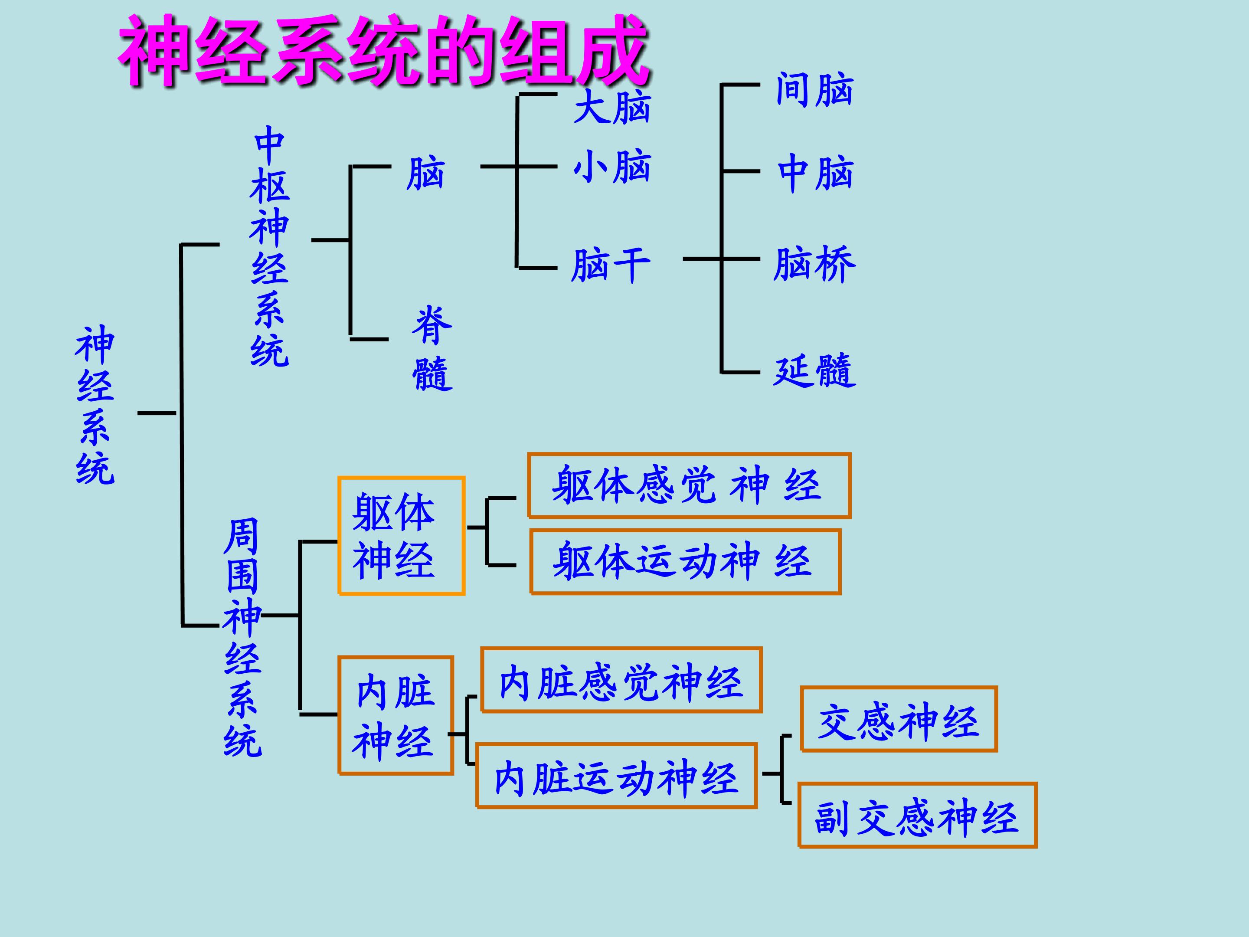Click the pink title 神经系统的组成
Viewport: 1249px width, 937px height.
coord(385,51)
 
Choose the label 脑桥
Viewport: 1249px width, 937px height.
coord(815,264)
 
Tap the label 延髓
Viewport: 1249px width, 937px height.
coord(815,370)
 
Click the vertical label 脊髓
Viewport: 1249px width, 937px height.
coord(432,348)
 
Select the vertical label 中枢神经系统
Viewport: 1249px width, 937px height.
coord(270,246)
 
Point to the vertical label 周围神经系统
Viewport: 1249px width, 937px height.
coord(243,638)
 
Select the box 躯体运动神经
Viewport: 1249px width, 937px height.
coord(686,561)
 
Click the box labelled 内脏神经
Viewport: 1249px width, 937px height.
coord(396,715)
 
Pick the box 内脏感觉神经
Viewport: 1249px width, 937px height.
coord(621,680)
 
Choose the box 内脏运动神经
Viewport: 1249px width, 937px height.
coord(617,776)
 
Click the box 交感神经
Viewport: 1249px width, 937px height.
coord(899,719)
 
